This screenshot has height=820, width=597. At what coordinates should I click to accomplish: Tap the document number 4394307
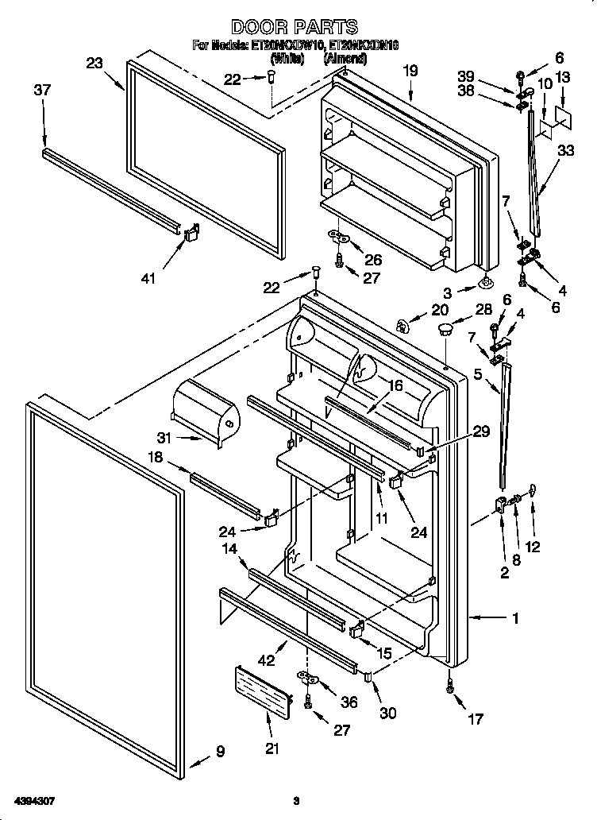click(34, 799)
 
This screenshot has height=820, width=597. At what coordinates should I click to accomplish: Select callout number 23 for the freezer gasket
click(94, 64)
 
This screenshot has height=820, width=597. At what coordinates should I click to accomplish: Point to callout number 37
click(42, 90)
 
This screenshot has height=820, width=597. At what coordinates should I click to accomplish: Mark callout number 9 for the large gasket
click(220, 750)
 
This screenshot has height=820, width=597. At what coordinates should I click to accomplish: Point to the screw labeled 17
click(451, 688)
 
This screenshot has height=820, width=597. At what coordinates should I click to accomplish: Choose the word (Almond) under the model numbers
click(345, 58)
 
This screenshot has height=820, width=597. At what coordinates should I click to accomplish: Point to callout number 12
click(533, 546)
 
